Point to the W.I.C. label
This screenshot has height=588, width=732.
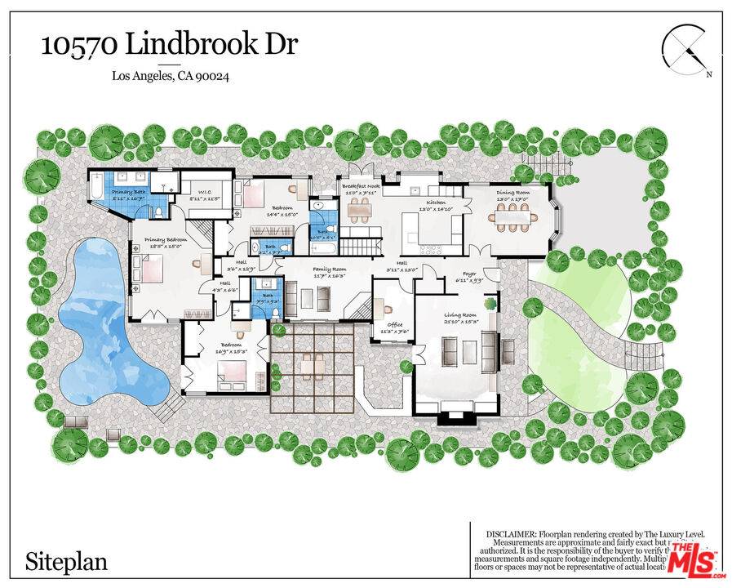tap(197, 193)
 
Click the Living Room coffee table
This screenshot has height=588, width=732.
tap(468, 351)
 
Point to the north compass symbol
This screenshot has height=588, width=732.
tap(685, 49)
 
